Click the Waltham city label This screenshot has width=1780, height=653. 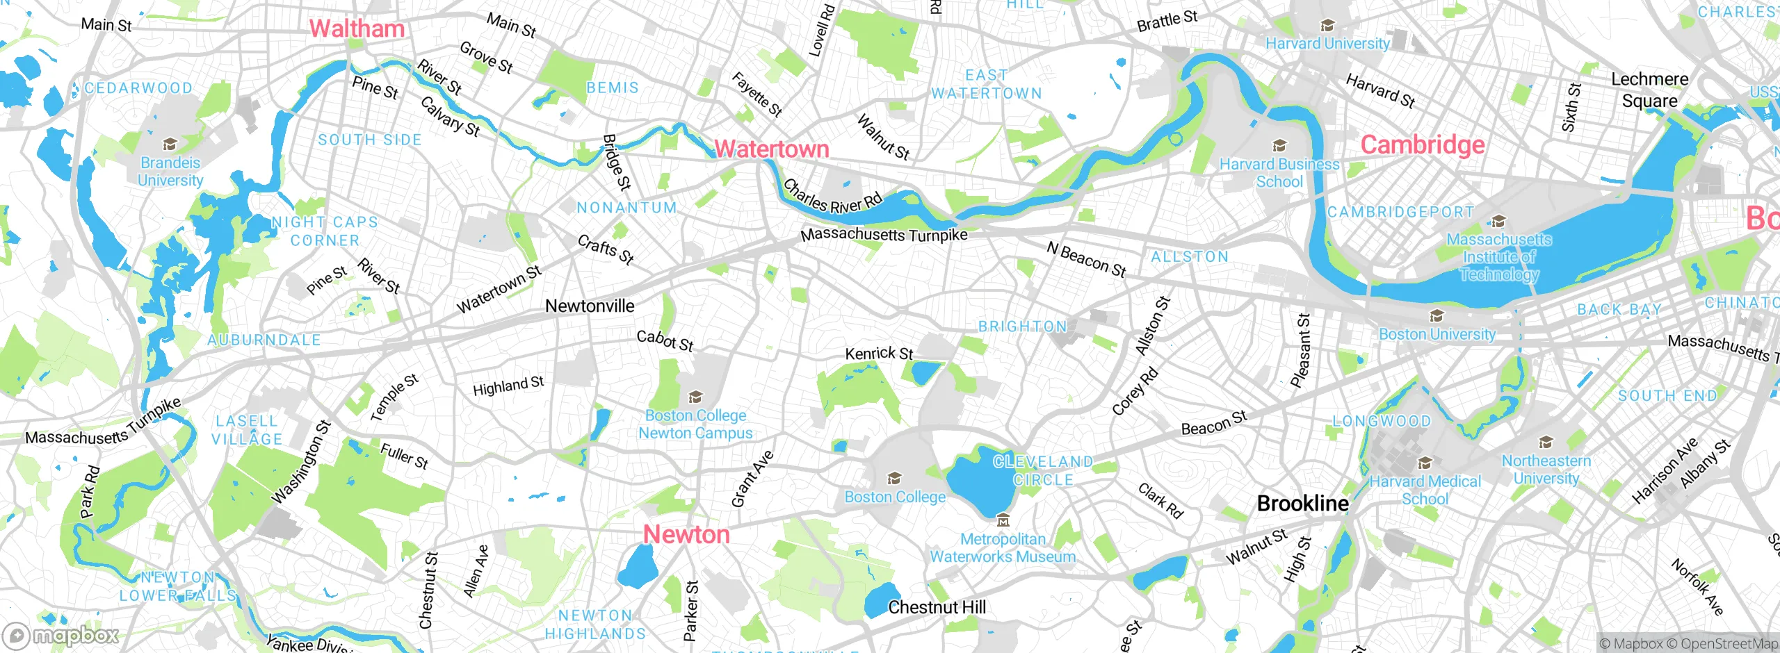pos(357,28)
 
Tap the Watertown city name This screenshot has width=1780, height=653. pos(772,149)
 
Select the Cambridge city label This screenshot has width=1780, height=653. pos(1422,144)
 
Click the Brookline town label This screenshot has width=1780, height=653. pos(1302,504)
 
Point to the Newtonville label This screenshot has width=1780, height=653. pos(590,306)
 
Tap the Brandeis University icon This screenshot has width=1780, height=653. pos(170,144)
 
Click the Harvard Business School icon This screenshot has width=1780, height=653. pos(1279,146)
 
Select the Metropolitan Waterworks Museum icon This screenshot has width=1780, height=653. pos(1003,520)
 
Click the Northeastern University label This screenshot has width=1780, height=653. pos(1546,470)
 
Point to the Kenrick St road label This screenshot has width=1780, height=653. pos(879,354)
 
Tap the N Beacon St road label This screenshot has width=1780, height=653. pos(1086,260)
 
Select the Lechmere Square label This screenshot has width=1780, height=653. pos(1649,90)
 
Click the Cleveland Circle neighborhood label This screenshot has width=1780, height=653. pos(1043,471)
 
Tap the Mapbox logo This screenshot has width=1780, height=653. pos(61,636)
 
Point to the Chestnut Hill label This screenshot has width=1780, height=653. pos(937,607)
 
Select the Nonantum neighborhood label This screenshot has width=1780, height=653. pos(626,208)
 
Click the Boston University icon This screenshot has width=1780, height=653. pos(1437,317)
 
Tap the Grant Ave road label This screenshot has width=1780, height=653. pos(752,479)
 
